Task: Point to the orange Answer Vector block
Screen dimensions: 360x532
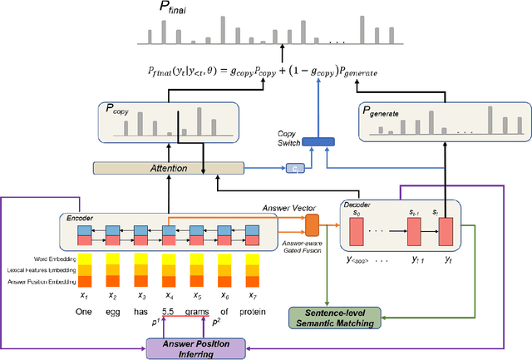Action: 313,224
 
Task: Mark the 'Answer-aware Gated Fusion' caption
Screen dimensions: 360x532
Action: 314,246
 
